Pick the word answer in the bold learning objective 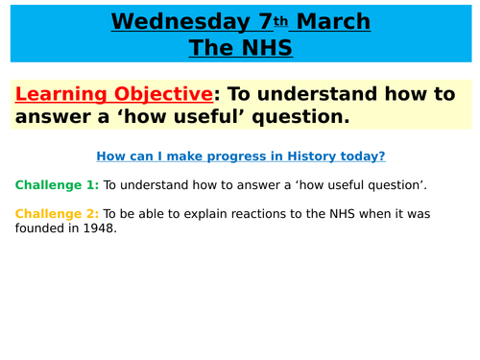coord(54,117)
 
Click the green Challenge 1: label coord(56,184)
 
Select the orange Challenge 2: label coord(56,213)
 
